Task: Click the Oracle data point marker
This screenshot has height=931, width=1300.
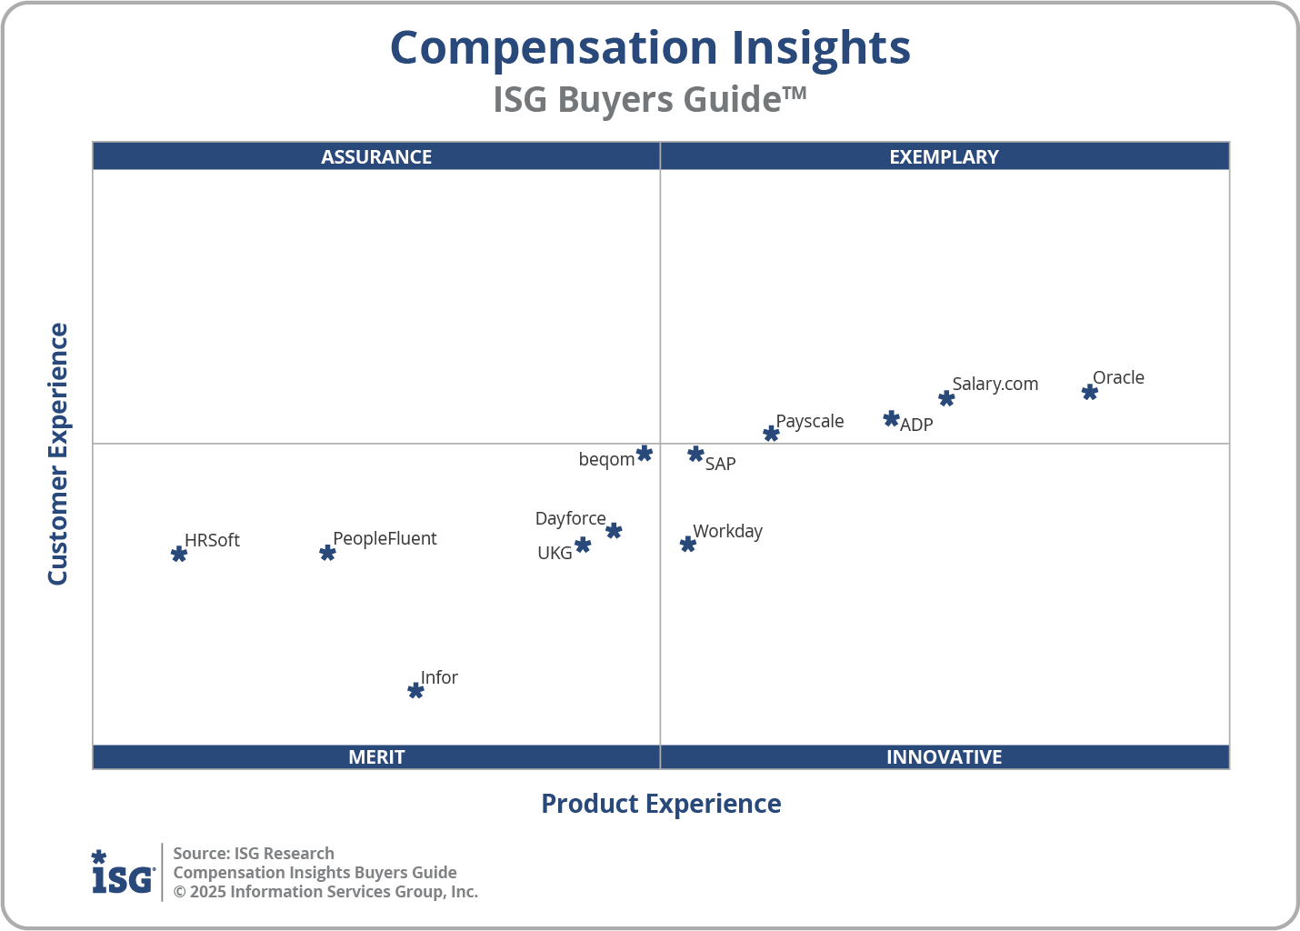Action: (x=1089, y=392)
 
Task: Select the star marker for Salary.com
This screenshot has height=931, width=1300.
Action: (x=946, y=398)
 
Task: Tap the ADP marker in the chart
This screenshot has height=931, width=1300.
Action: (x=891, y=419)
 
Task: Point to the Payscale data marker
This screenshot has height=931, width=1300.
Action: (x=771, y=434)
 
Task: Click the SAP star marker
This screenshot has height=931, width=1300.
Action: (x=695, y=454)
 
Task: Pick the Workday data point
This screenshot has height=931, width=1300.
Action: (x=688, y=544)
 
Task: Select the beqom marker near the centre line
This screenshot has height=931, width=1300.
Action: (x=645, y=453)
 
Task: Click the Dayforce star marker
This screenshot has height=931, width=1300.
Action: (x=614, y=530)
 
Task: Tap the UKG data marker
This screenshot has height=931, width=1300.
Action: (x=583, y=545)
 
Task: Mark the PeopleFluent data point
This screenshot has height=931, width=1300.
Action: (x=327, y=553)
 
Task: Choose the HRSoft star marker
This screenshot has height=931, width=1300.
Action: (x=179, y=554)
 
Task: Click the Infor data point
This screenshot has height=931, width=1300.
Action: (x=415, y=691)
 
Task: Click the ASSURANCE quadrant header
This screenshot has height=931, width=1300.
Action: (x=376, y=156)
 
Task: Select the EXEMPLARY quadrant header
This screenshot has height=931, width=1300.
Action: (x=944, y=156)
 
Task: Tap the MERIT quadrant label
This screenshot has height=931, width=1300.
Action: (x=376, y=756)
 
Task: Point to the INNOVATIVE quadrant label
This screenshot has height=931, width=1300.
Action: (x=944, y=756)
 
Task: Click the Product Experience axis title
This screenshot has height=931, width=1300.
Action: (x=661, y=804)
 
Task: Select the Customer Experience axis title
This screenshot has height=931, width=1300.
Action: (x=58, y=454)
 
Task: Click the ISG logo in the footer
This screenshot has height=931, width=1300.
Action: (x=123, y=873)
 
